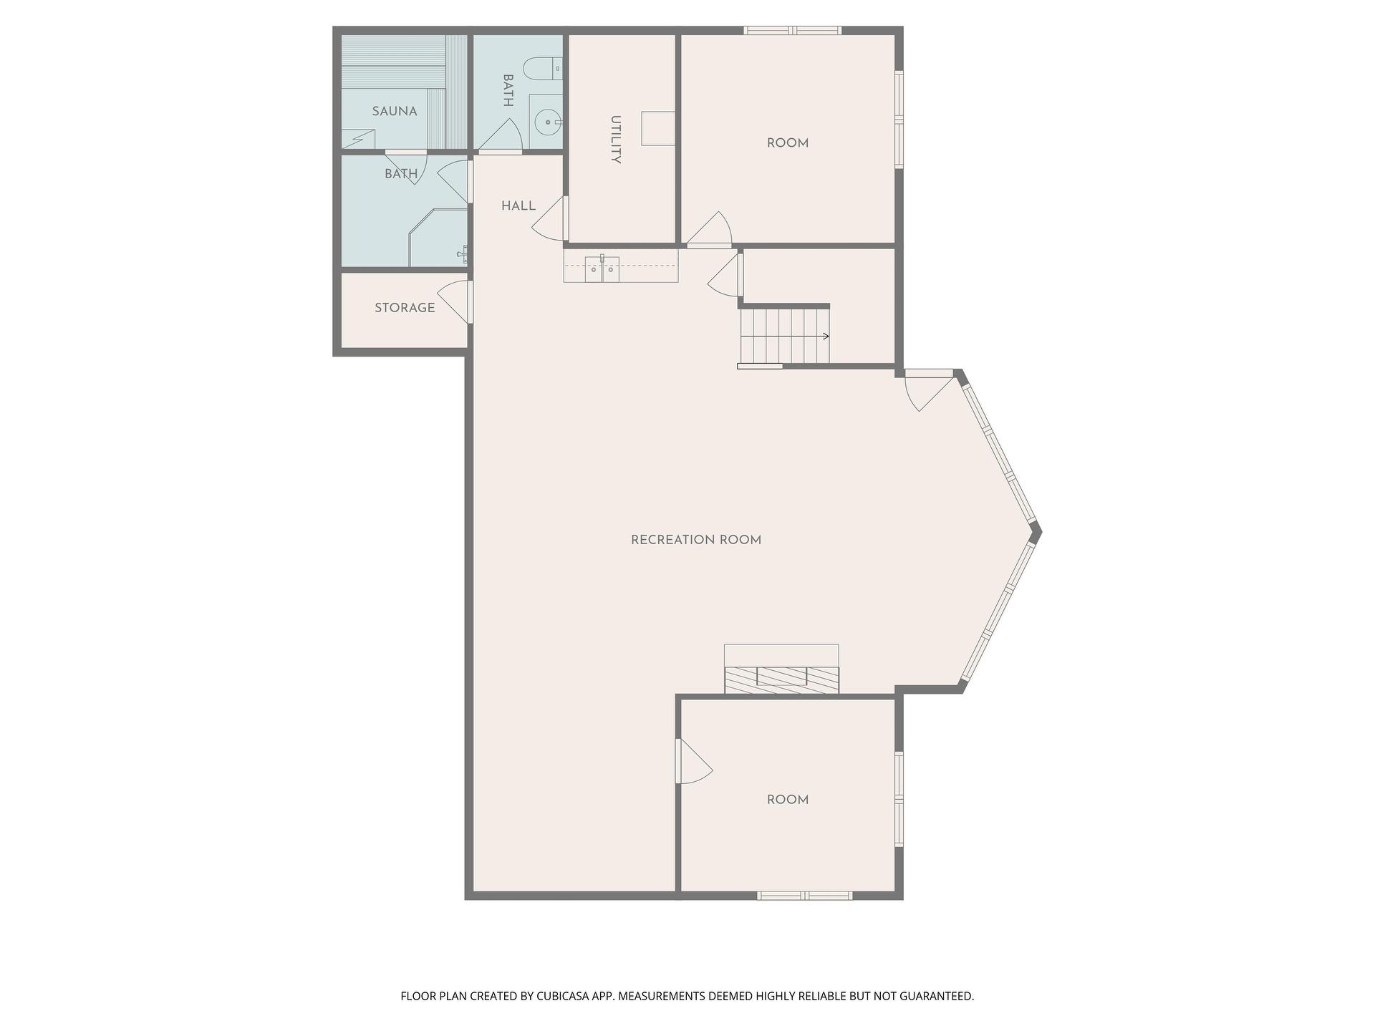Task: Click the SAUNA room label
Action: [x=395, y=111]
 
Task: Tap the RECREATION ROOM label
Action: [x=696, y=540]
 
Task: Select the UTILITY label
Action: [x=615, y=140]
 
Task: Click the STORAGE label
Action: [x=405, y=308]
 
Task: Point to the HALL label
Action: [x=518, y=206]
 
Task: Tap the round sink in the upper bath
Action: [x=549, y=122]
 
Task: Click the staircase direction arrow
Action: [x=785, y=337]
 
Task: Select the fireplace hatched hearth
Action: [x=781, y=679]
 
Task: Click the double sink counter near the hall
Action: [x=621, y=266]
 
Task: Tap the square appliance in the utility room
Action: [x=658, y=129]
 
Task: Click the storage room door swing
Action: [x=454, y=301]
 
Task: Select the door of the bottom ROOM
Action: [x=694, y=761]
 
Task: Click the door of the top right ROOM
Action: [x=710, y=229]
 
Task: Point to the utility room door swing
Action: [x=549, y=218]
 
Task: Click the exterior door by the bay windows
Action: [x=930, y=390]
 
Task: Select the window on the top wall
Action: [x=792, y=30]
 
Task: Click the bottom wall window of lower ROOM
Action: [x=805, y=895]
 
